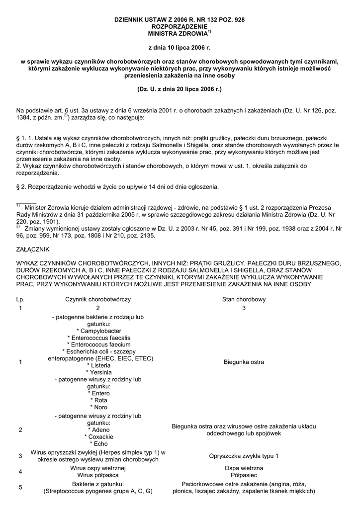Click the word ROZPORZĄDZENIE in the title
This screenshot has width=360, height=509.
180,27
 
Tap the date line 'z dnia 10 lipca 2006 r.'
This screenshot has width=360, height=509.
180,48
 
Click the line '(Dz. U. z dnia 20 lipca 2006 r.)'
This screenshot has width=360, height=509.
180,90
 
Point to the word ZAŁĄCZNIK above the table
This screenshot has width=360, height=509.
33,249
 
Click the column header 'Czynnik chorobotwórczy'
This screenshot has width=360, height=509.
97,300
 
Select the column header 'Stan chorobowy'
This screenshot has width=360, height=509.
244,300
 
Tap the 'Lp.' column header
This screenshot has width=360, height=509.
20,300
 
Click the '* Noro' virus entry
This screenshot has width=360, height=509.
97,407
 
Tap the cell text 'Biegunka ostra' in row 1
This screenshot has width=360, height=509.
244,362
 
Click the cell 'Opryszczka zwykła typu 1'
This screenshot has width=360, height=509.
244,456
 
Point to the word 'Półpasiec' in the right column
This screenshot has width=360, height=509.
244,476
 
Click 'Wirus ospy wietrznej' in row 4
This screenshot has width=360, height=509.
97,469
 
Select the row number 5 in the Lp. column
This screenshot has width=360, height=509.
20,488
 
